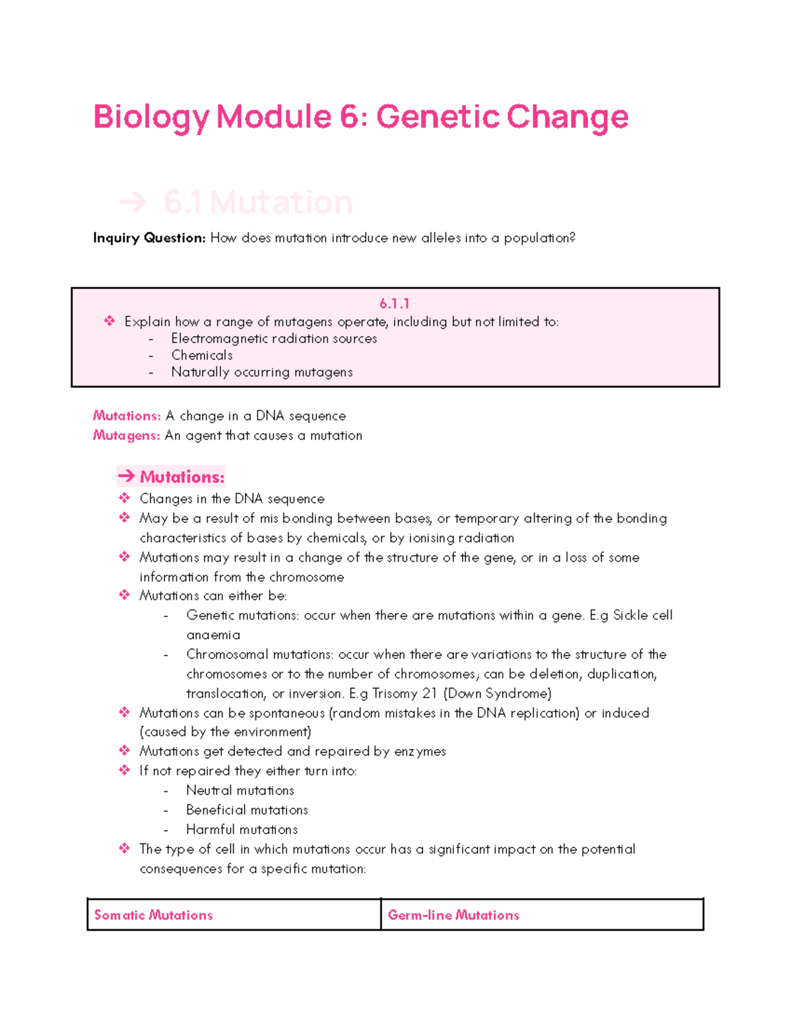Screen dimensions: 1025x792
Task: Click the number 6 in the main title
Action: (349, 117)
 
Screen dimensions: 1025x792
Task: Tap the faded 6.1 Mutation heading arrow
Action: (133, 202)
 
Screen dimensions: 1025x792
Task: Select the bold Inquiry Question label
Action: (149, 238)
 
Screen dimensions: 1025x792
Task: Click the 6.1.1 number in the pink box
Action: (395, 304)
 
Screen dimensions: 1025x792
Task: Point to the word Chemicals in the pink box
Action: (202, 355)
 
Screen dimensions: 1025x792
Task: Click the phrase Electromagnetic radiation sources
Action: (274, 339)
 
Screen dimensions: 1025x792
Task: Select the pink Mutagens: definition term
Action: (126, 436)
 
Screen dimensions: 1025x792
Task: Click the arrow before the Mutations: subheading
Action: (126, 477)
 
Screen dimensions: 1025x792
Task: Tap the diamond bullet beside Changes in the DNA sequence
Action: (125, 498)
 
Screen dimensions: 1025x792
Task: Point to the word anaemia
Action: (213, 635)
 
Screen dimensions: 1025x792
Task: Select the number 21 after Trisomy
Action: (430, 694)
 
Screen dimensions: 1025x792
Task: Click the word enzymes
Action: (420, 752)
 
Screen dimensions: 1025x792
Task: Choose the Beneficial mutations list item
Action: (247, 810)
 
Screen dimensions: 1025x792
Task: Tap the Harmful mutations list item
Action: (242, 830)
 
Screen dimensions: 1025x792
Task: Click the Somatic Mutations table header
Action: (154, 915)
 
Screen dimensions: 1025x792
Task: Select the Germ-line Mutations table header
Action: (453, 915)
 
